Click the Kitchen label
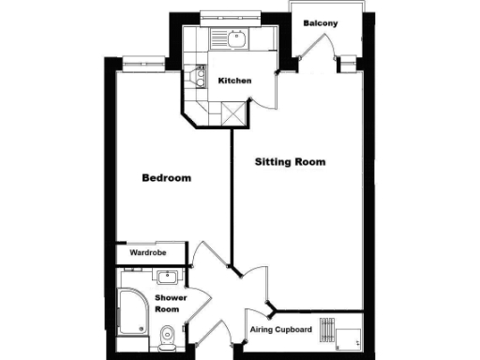pyautogui.click(x=234, y=82)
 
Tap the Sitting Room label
pyautogui.click(x=291, y=161)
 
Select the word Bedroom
pyautogui.click(x=167, y=178)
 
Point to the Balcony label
pyautogui.click(x=320, y=22)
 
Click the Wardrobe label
pyautogui.click(x=148, y=252)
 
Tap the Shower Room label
pyautogui.click(x=170, y=304)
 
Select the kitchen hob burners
pyautogui.click(x=198, y=77)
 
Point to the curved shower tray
pyautogui.click(x=131, y=313)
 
